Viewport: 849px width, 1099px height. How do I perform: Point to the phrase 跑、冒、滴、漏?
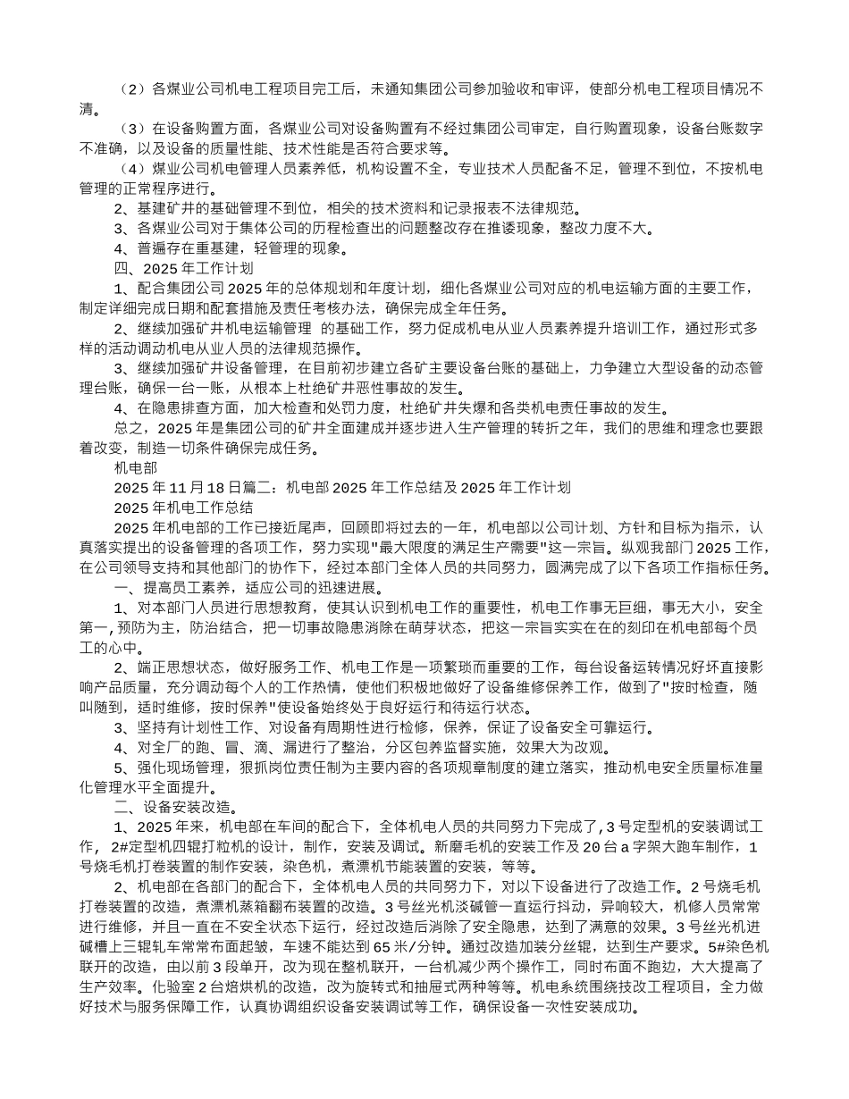click(x=218, y=748)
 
